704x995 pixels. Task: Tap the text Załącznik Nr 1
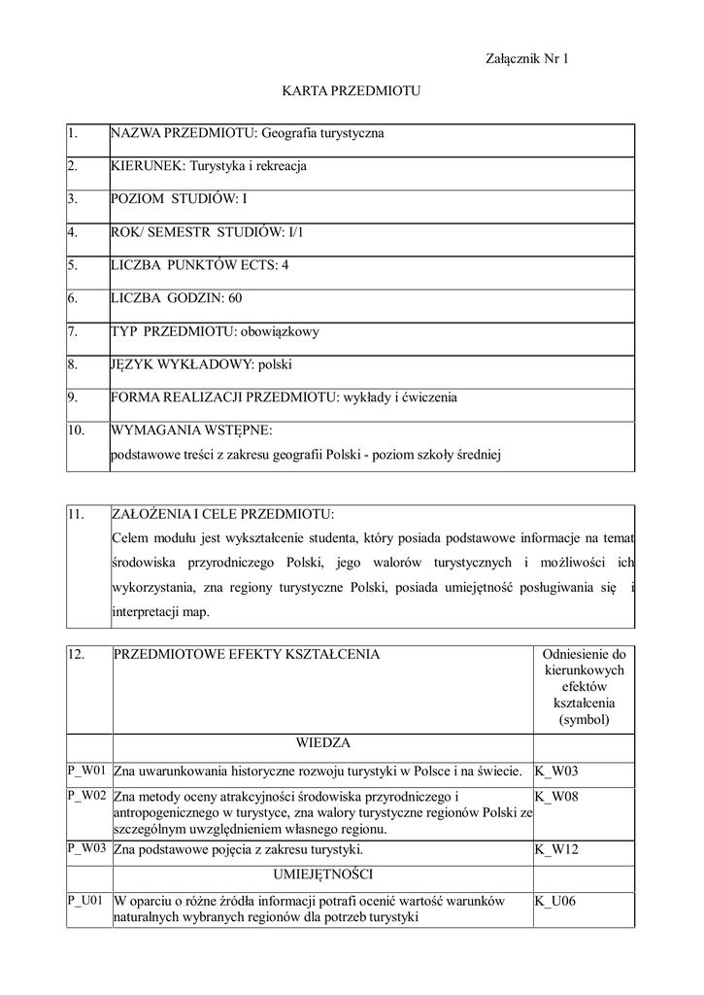coord(526,59)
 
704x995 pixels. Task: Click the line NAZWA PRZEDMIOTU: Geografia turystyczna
coord(248,133)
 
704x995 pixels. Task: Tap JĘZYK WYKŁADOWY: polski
coord(202,365)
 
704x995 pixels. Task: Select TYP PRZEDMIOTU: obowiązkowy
coord(216,331)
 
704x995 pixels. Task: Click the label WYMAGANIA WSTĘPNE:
coord(192,429)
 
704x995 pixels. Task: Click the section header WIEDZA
coord(322,743)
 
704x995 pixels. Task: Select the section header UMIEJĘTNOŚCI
coord(322,874)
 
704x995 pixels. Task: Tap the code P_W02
coord(86,796)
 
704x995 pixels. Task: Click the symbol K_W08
coord(556,796)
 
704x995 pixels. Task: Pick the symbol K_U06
coord(555,901)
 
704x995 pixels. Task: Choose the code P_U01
coord(85,901)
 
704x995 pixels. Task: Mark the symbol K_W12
coord(556,849)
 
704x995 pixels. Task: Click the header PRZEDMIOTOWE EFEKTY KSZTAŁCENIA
coord(247,655)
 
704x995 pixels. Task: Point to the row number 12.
coord(78,655)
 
